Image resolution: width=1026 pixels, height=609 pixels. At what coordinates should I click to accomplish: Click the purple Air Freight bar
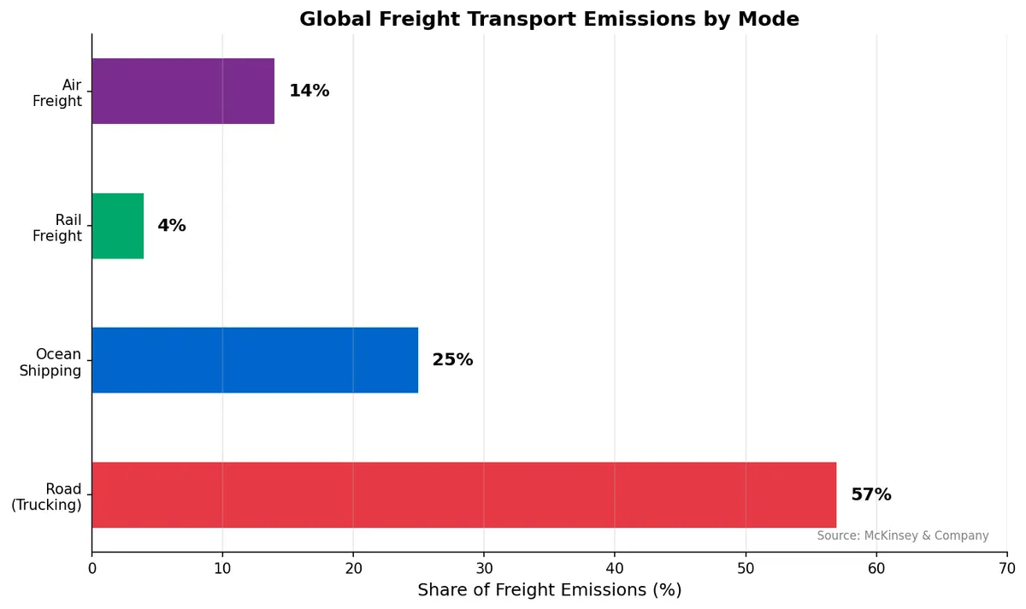click(183, 91)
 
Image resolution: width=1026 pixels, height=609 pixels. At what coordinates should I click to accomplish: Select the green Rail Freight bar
click(118, 226)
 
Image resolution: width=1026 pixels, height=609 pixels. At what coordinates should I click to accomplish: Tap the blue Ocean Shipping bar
click(255, 360)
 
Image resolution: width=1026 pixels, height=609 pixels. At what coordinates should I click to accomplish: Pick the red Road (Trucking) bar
click(463, 495)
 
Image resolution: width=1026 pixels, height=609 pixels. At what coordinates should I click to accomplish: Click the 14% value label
click(309, 91)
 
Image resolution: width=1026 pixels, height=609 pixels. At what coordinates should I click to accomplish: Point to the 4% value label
click(171, 226)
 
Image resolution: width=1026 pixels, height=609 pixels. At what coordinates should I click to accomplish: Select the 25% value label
click(452, 360)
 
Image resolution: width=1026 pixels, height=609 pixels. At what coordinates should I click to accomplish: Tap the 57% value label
click(870, 495)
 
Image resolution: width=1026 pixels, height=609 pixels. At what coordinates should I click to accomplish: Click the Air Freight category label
click(57, 93)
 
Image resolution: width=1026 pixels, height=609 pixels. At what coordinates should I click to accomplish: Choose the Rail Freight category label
click(57, 228)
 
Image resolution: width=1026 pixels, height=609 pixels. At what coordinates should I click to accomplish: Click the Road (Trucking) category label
click(47, 497)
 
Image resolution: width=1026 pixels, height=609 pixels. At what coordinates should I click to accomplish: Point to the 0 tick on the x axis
click(91, 568)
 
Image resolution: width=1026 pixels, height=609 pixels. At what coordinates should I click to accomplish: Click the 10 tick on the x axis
click(222, 568)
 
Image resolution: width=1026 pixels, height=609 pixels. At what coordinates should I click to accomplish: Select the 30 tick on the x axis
click(484, 568)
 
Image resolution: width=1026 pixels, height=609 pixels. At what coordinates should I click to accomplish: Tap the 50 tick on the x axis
click(746, 568)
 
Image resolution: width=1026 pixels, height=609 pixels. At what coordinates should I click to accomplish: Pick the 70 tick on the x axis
click(1006, 568)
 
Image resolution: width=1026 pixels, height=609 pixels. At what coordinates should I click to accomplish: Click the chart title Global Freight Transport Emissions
click(549, 19)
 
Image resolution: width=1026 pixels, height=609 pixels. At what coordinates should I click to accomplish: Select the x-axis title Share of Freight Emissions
click(549, 590)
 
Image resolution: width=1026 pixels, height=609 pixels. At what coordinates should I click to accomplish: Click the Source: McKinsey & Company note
click(902, 536)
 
